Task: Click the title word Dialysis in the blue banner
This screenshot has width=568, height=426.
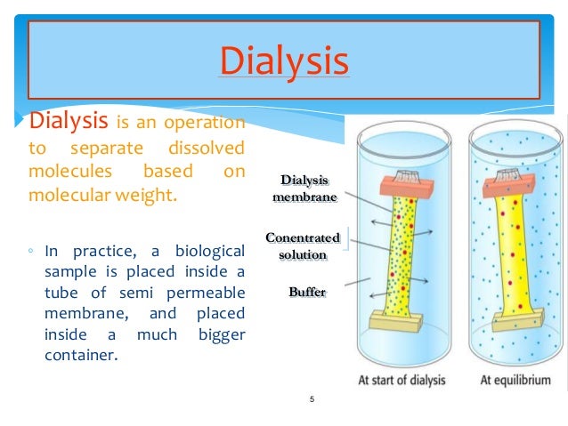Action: pos(283,62)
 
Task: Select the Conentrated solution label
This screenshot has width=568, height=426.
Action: pos(303,245)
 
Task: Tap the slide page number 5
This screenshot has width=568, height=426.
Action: pos(312,399)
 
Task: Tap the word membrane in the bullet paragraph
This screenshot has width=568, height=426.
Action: pos(83,316)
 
